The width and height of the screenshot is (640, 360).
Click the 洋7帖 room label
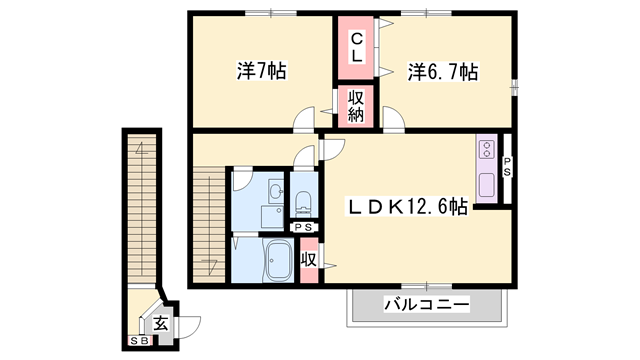261,71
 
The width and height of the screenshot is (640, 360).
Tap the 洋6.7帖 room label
441,71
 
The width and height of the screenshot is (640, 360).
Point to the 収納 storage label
355,106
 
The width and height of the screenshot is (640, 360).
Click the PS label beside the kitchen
507,167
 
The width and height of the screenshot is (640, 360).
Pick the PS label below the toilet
302,228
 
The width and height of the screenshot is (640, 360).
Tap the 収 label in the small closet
309,259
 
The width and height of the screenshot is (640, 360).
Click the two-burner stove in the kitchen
487,150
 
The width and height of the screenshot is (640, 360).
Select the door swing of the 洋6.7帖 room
393,124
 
